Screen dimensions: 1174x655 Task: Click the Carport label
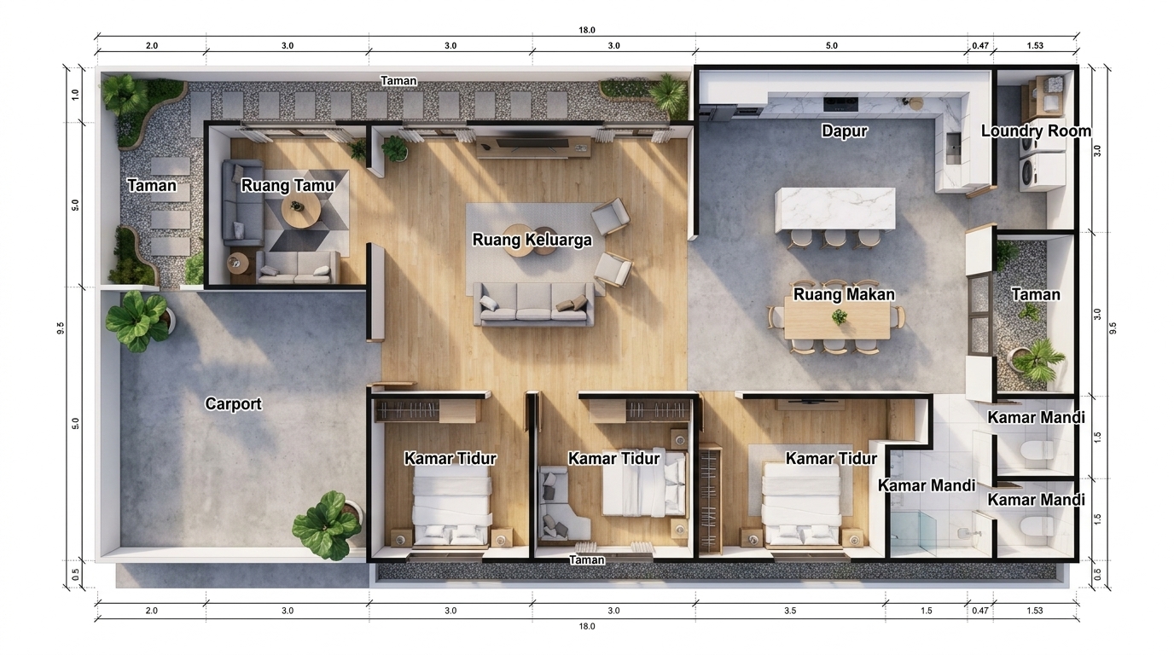click(233, 404)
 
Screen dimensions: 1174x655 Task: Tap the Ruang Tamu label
click(288, 185)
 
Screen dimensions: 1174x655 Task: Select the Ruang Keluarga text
click(532, 240)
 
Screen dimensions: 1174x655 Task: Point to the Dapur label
click(845, 131)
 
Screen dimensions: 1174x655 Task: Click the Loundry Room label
click(1036, 131)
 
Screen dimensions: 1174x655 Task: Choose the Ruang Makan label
click(844, 294)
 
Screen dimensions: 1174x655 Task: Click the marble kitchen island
click(835, 209)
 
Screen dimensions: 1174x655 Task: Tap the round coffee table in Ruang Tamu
click(301, 211)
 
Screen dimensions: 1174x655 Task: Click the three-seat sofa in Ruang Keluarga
click(533, 304)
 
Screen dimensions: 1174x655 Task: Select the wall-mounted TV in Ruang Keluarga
click(532, 142)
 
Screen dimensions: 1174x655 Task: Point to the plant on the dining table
click(839, 316)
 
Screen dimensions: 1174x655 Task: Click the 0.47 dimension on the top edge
click(980, 45)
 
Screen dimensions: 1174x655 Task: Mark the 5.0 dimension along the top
click(832, 45)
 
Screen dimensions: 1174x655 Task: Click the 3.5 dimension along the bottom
click(790, 611)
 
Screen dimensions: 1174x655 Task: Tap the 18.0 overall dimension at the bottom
click(587, 626)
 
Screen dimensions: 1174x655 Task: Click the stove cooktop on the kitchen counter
click(840, 104)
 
